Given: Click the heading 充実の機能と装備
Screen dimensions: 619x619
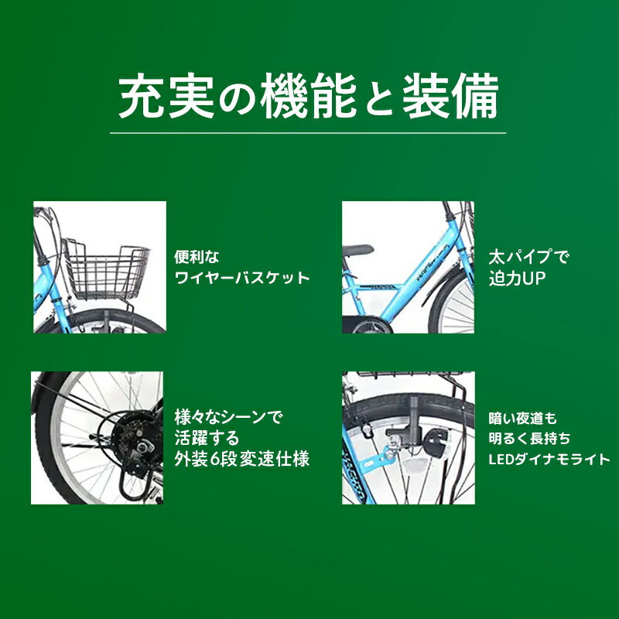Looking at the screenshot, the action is (308, 96).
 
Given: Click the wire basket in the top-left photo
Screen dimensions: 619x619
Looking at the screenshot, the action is (107, 268).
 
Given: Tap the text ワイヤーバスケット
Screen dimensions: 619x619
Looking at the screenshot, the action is (242, 278).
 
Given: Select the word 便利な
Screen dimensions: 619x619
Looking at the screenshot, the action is (197, 258).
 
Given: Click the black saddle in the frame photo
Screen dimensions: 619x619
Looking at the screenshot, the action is (357, 250).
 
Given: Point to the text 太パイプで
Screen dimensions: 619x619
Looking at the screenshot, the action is (529, 258).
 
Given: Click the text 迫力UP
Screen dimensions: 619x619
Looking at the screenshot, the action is (517, 279).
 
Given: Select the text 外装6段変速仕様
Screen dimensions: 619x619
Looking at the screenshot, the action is (242, 459).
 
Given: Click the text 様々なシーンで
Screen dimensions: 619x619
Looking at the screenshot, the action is (228, 417).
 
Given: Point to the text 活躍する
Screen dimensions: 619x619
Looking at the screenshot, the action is (207, 438).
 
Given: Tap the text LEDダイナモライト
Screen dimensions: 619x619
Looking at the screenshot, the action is (549, 459).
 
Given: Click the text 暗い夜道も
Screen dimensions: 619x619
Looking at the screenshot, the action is (523, 418).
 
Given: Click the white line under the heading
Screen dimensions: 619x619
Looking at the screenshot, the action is (308, 133).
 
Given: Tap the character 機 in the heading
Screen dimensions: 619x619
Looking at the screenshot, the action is (284, 96).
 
